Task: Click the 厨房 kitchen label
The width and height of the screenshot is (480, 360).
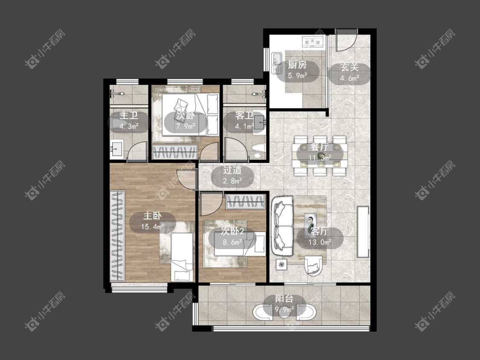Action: coord(297,65)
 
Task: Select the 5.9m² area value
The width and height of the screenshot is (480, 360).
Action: coord(297,75)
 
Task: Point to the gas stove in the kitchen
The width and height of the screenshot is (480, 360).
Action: coord(313,41)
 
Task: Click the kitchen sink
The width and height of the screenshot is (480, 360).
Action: coord(277,63)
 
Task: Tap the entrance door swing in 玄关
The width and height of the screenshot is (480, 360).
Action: coord(347,40)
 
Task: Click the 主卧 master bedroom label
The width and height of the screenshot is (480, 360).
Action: coord(152,216)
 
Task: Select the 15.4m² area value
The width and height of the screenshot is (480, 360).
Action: coord(152,227)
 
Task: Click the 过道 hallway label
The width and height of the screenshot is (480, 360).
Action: coord(233,170)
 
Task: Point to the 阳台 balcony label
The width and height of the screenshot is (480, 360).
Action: coord(284,299)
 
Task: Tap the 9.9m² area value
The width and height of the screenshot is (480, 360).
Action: coord(285,310)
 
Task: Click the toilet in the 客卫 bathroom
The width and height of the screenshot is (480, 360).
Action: coord(258,151)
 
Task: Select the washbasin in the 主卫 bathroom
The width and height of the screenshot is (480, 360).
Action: coord(116,149)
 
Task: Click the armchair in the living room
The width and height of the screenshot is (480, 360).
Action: coord(314,266)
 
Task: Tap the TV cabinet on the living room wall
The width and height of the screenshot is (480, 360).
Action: coord(363,232)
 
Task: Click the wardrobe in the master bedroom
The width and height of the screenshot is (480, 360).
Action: coord(117,236)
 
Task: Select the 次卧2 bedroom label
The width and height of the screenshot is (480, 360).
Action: coord(233,231)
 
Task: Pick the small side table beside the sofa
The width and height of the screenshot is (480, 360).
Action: coord(281,264)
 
